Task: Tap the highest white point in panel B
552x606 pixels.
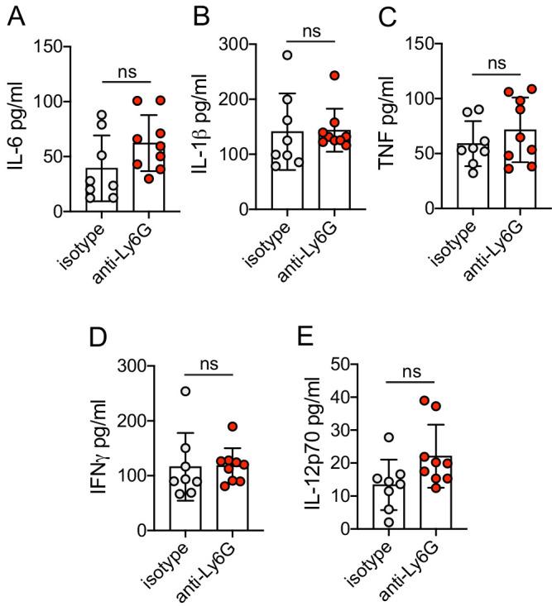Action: [286, 55]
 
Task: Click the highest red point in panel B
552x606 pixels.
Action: [334, 75]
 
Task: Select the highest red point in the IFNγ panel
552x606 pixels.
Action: [234, 427]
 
